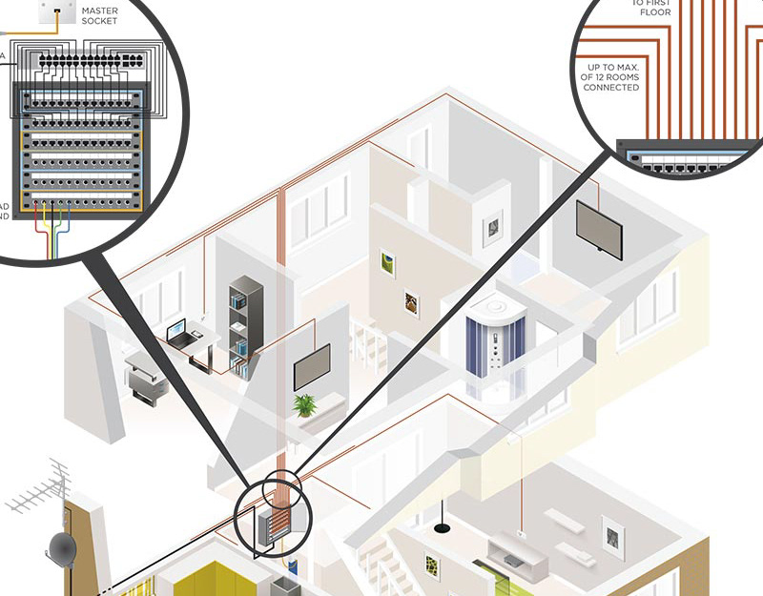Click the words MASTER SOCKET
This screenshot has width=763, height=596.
click(x=99, y=15)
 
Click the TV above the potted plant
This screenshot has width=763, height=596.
click(x=312, y=366)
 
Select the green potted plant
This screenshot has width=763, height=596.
click(x=305, y=405)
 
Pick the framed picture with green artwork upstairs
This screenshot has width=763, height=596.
click(x=388, y=262)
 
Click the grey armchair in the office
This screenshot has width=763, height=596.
click(x=142, y=377)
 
